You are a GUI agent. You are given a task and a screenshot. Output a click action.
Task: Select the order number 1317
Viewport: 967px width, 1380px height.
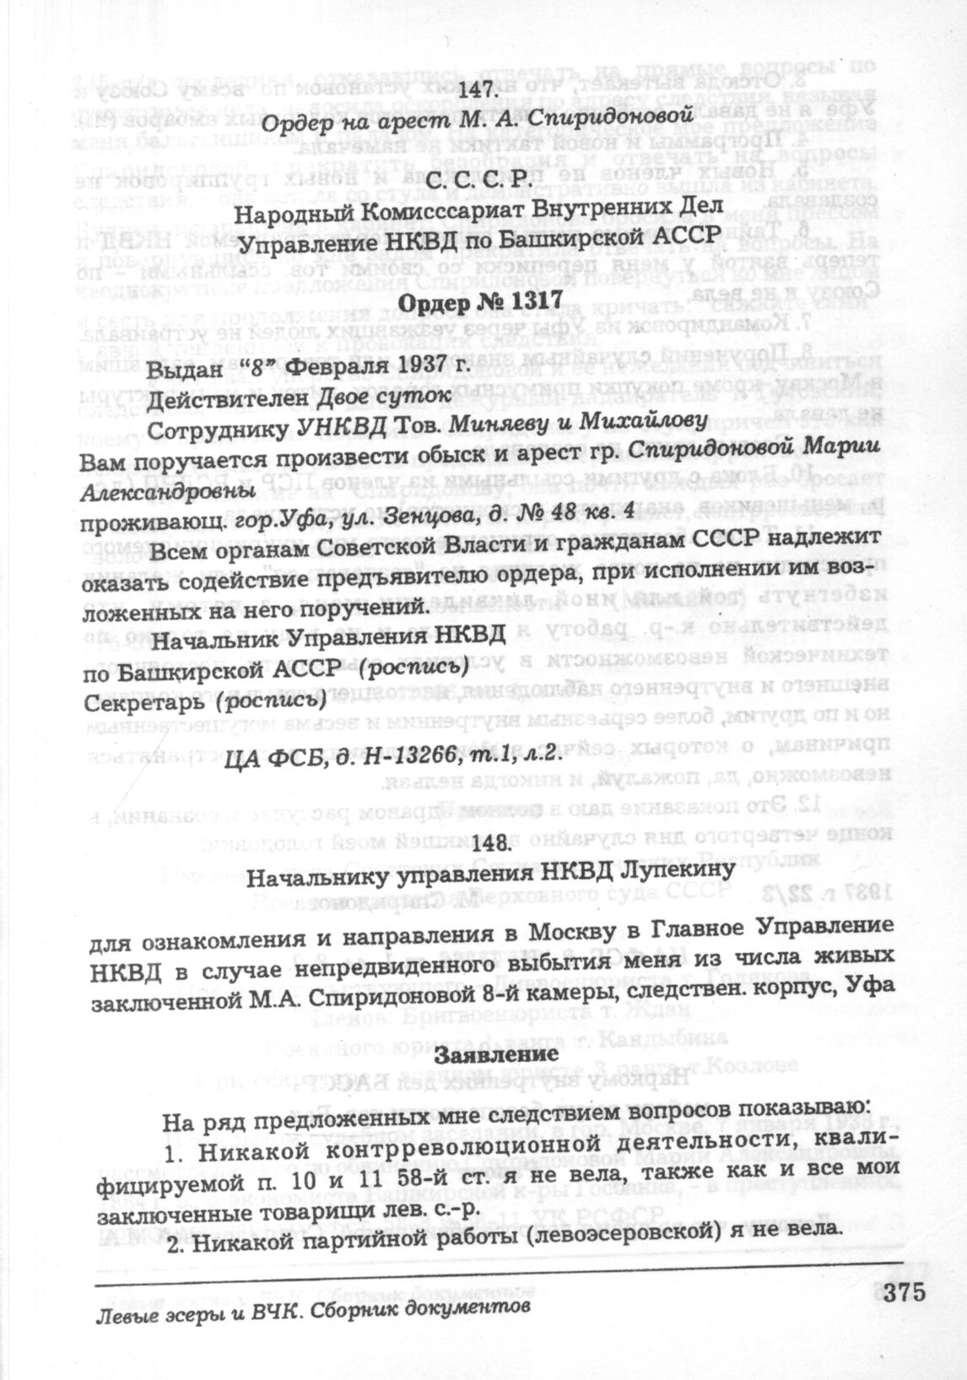(x=527, y=303)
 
